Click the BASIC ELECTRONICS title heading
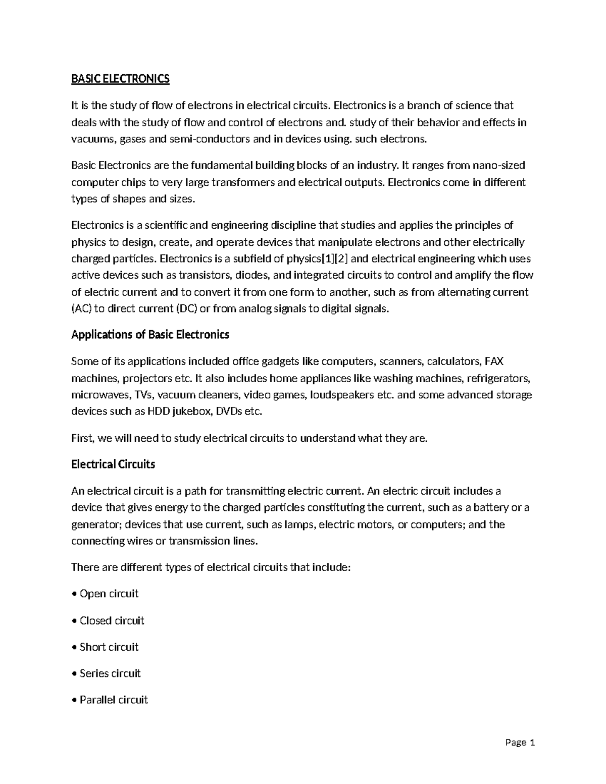point(120,79)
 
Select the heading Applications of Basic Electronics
point(150,335)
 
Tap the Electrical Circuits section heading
point(113,464)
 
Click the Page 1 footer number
point(520,743)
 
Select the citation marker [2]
point(343,259)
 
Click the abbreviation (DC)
point(186,309)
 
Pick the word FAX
point(494,361)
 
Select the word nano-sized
point(495,166)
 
